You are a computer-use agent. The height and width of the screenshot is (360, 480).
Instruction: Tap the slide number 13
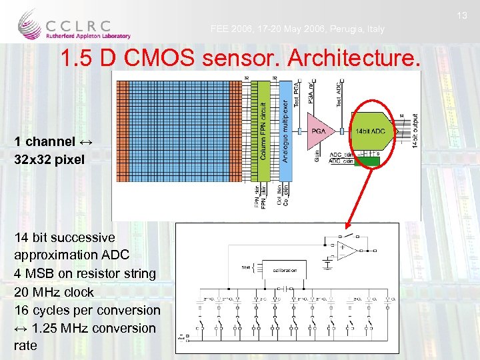[x=465, y=15]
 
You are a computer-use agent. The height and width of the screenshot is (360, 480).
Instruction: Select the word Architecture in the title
[x=353, y=59]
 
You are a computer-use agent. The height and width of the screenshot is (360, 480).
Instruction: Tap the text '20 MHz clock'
[x=54, y=292]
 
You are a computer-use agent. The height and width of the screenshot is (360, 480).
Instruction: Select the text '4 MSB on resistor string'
[x=85, y=273]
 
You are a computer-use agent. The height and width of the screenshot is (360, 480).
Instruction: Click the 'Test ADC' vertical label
[x=340, y=94]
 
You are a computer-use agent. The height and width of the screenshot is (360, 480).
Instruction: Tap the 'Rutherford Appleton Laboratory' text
[x=89, y=36]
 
